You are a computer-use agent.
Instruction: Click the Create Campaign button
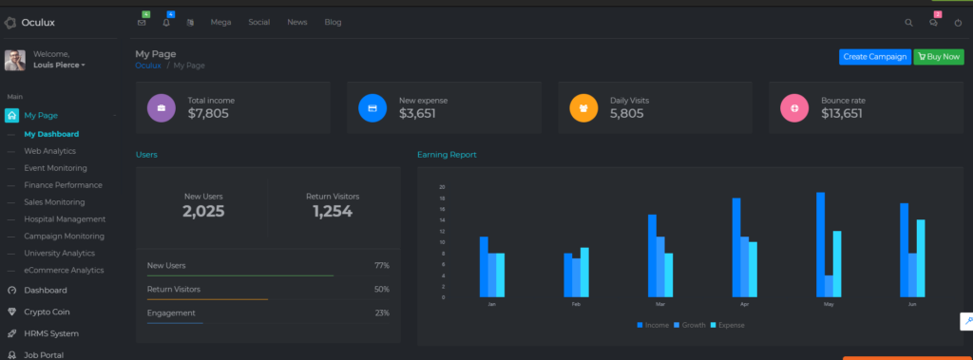874,57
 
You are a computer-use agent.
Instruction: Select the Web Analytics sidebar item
49,151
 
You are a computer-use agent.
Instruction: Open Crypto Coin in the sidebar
47,312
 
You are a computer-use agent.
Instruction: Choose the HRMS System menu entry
50,333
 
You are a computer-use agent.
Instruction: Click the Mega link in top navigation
220,22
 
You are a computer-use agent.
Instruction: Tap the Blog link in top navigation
333,22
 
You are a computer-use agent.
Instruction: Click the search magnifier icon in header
908,23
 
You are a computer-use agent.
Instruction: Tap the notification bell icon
166,23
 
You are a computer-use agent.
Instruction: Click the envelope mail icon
142,23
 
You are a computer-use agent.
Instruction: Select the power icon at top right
958,23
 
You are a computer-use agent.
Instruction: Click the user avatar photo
15,60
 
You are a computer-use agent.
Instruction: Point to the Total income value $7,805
208,114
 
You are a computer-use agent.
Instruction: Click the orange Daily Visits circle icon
583,108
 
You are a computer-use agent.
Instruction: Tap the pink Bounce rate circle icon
794,108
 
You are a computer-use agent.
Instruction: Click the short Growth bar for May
829,286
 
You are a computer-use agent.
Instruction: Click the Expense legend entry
727,325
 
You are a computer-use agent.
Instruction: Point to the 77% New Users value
382,265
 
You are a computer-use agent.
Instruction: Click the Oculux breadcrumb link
148,66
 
